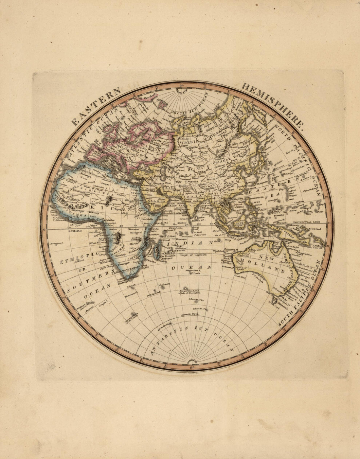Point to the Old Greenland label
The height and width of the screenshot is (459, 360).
coord(146,97)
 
